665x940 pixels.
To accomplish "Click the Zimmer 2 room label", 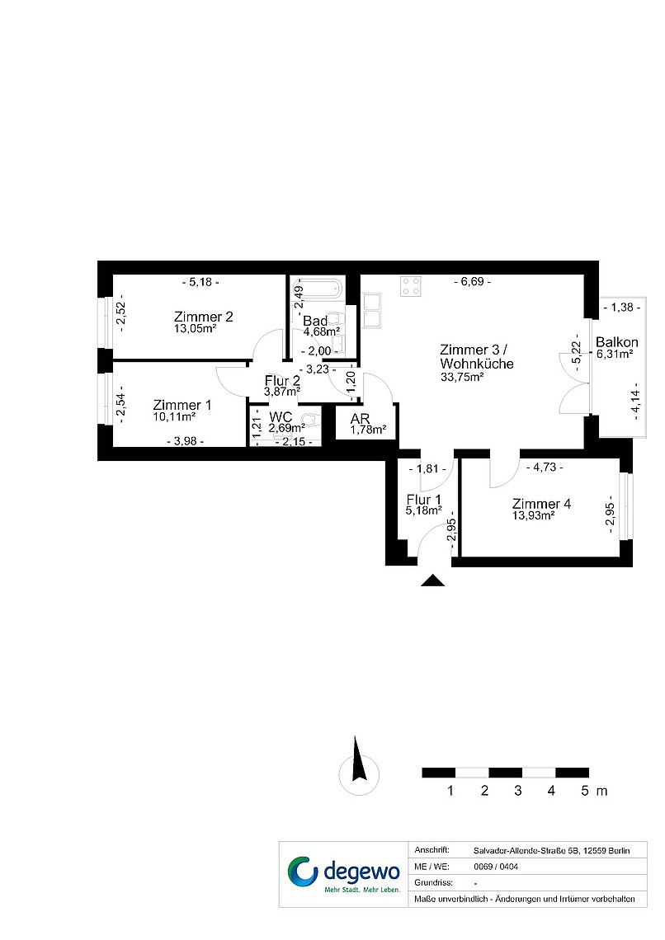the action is click(x=203, y=317).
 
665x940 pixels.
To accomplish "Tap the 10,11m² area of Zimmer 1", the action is click(x=174, y=416).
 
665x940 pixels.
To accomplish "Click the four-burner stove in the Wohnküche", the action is click(x=412, y=287).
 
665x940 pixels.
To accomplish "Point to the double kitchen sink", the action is click(x=372, y=310).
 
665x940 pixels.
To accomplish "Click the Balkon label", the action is click(x=616, y=342).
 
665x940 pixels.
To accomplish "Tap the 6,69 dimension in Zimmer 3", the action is click(x=473, y=281).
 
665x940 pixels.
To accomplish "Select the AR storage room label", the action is click(x=360, y=418).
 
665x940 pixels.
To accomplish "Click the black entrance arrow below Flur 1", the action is click(x=432, y=580).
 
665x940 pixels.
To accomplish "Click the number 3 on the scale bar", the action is click(x=518, y=791).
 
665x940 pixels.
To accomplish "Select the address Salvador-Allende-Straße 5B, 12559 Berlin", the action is click(x=552, y=851).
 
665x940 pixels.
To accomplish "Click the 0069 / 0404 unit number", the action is click(x=496, y=867).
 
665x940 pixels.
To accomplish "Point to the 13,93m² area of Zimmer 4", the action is click(x=533, y=515).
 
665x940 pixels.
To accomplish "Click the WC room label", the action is click(x=281, y=416).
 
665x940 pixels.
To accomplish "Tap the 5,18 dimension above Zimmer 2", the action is click(x=200, y=282).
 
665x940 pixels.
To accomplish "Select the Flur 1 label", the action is click(x=423, y=500).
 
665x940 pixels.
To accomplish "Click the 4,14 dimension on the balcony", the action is click(x=635, y=402).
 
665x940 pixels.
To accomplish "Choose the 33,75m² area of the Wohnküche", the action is click(x=462, y=377).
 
